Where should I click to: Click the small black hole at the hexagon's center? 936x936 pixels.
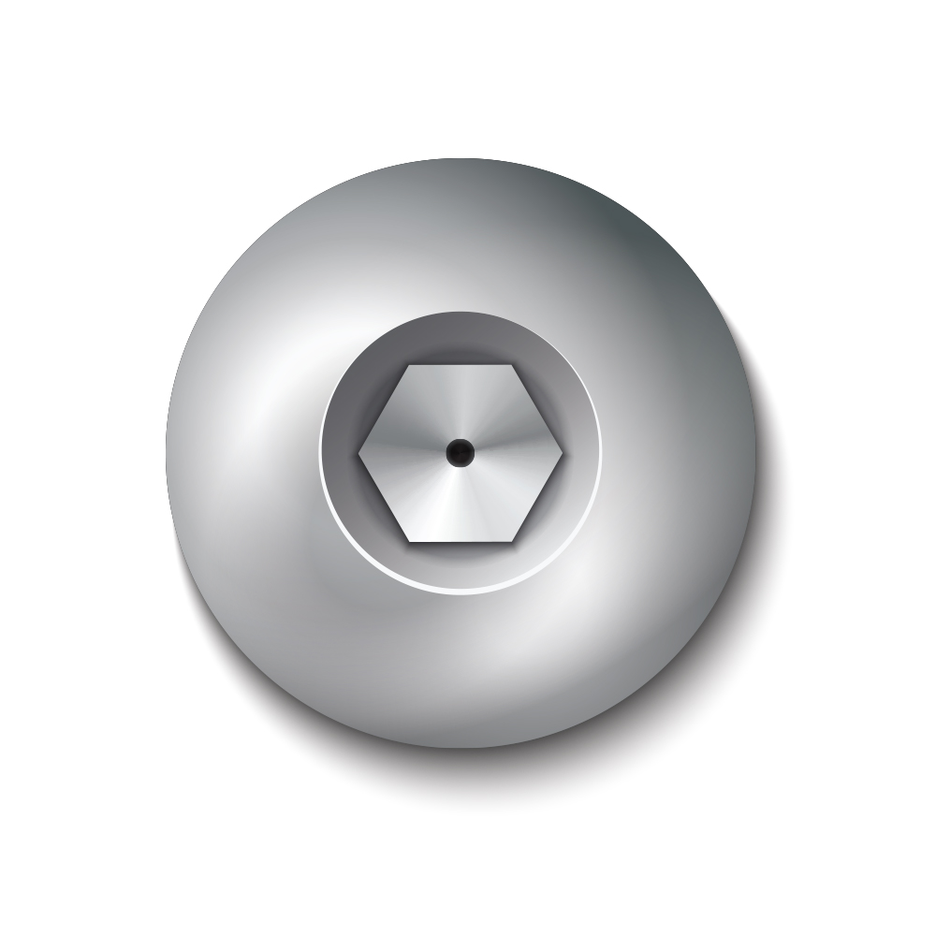[x=460, y=453]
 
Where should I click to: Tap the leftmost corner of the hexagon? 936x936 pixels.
[x=358, y=453]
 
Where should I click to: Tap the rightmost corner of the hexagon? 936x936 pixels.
[x=563, y=453]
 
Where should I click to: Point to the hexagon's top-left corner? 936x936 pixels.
[x=409, y=365]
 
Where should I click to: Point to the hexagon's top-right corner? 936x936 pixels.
[x=512, y=365]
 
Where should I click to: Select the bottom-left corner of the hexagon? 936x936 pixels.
[x=409, y=541]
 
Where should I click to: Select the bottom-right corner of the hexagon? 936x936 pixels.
[x=512, y=541]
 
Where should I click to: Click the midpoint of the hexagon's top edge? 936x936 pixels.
[x=461, y=365]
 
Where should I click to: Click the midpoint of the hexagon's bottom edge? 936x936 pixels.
[x=461, y=541]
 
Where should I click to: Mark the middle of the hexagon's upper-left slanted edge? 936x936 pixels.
[x=384, y=409]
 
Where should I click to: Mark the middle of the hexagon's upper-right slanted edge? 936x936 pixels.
[x=537, y=409]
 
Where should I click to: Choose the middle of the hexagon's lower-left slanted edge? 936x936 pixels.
[x=384, y=497]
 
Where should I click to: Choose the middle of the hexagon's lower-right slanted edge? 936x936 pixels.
[x=537, y=497]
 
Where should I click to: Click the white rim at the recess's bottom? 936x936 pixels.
[x=461, y=591]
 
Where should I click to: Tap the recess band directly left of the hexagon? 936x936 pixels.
[x=340, y=453]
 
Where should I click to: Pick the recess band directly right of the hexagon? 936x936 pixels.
[x=580, y=453]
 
